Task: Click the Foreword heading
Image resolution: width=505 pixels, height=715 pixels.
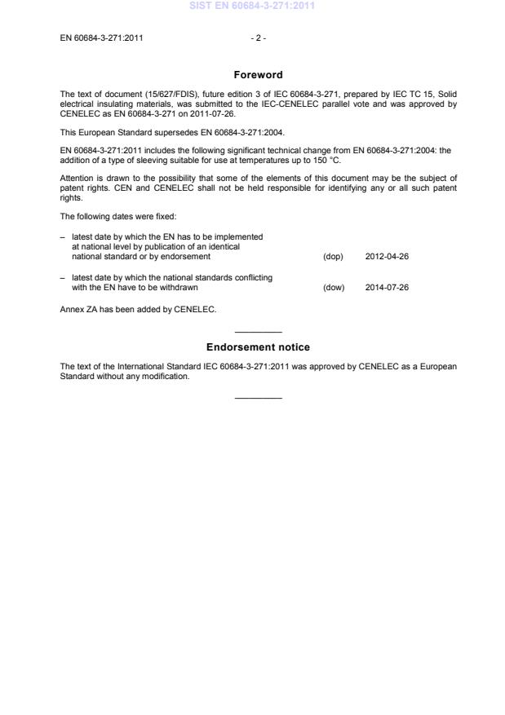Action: tap(258, 75)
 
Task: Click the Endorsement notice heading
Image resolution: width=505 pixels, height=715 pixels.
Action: tap(258, 347)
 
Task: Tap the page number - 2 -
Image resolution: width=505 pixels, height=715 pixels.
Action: tap(258, 38)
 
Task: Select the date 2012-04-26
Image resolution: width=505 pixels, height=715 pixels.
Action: tap(387, 257)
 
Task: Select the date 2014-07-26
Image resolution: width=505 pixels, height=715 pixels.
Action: tap(387, 287)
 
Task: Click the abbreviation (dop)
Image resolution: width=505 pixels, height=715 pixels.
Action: tap(333, 257)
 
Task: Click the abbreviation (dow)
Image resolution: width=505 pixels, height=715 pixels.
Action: tap(334, 287)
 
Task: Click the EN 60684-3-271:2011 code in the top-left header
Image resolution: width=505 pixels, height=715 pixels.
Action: tap(102, 38)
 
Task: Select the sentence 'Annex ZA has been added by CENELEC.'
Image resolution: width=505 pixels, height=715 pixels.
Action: tap(138, 309)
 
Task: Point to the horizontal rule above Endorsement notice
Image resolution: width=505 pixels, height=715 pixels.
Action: tap(258, 332)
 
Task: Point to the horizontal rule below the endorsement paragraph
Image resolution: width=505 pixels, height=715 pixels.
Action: tap(258, 397)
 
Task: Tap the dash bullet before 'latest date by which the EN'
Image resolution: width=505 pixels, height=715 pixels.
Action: tap(63, 236)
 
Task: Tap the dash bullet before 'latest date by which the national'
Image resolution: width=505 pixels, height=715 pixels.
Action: tap(63, 277)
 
